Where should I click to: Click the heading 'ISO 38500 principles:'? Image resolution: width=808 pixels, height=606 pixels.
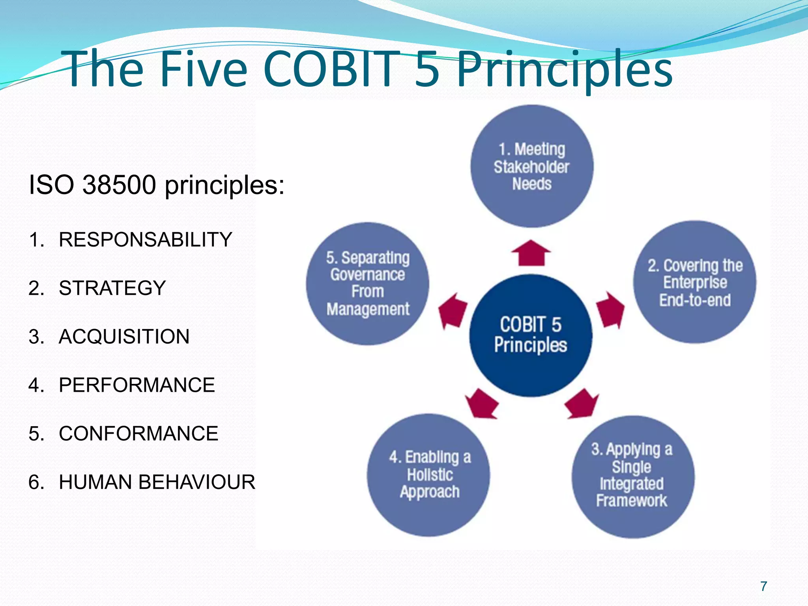point(156,185)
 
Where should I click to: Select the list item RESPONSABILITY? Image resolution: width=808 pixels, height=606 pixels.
point(145,239)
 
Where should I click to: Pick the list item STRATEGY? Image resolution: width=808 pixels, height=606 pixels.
point(112,288)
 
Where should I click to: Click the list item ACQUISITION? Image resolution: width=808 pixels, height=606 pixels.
point(124,337)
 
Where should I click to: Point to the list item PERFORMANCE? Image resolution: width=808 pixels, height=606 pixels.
point(137,385)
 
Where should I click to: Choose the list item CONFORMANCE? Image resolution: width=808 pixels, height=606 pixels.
point(138,434)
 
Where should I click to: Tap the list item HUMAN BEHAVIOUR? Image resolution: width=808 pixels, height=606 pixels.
point(157,482)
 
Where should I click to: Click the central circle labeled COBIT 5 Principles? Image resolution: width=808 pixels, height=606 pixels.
point(531,335)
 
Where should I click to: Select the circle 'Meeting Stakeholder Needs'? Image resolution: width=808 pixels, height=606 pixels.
point(531,166)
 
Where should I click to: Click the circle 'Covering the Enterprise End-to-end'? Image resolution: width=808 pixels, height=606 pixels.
point(695,282)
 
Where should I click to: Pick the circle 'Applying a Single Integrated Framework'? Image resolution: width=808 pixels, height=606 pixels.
point(632,476)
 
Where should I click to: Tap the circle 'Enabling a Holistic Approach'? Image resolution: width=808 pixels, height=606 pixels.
point(429,475)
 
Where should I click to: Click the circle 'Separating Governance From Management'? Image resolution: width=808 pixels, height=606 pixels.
point(368,283)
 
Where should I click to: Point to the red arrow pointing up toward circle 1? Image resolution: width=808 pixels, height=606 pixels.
point(531,253)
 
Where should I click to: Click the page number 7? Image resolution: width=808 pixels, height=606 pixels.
point(763,586)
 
